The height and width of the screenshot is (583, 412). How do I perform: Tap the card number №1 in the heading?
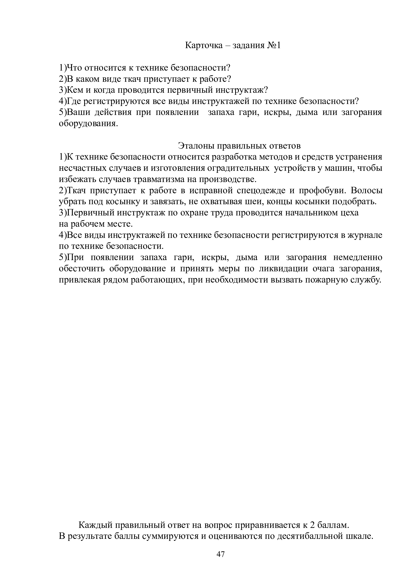(x=274, y=46)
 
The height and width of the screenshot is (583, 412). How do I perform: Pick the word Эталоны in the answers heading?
(x=196, y=146)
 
